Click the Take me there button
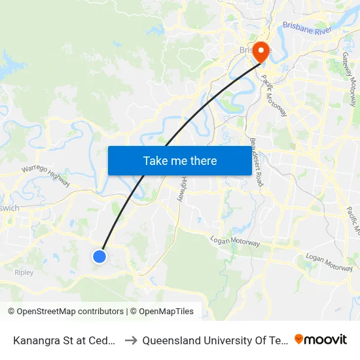pos(180,160)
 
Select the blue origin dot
pos(99,257)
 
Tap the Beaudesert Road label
pos(256,162)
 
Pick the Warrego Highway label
pos(46,175)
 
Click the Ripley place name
pos(24,272)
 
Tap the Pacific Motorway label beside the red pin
pos(274,96)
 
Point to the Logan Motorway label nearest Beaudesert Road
pos(236,242)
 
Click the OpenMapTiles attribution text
pos(162,312)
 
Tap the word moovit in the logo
pos(326,339)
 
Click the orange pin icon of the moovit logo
pos(299,339)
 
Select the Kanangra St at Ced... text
pos(64,340)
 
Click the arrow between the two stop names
pos(130,340)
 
